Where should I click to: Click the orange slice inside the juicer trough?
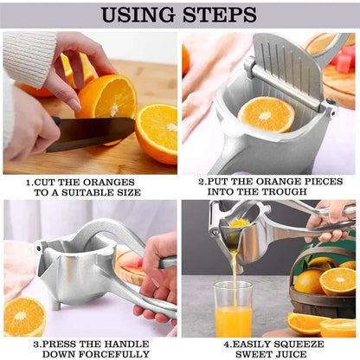point(266,113)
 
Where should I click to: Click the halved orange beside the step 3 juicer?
point(24,318)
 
